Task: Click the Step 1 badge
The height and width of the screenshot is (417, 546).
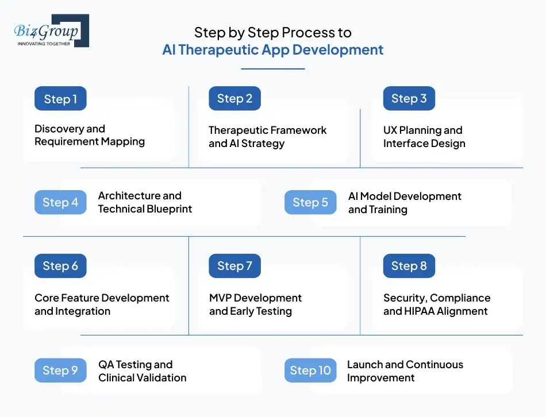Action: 60,99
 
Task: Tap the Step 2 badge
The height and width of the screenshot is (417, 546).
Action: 234,98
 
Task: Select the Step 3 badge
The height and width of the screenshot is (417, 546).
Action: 409,98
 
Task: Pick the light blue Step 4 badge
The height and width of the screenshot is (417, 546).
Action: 60,202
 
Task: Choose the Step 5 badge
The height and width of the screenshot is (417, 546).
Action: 310,202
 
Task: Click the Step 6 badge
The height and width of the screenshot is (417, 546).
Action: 60,265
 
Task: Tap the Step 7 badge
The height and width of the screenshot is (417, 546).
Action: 234,265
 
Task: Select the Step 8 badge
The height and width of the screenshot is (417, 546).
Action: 409,265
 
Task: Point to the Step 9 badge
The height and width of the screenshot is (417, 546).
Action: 60,370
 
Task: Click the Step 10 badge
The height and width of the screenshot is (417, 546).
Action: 310,370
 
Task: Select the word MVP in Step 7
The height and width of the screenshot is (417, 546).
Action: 220,298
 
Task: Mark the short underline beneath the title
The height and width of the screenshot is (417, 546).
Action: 272,69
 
